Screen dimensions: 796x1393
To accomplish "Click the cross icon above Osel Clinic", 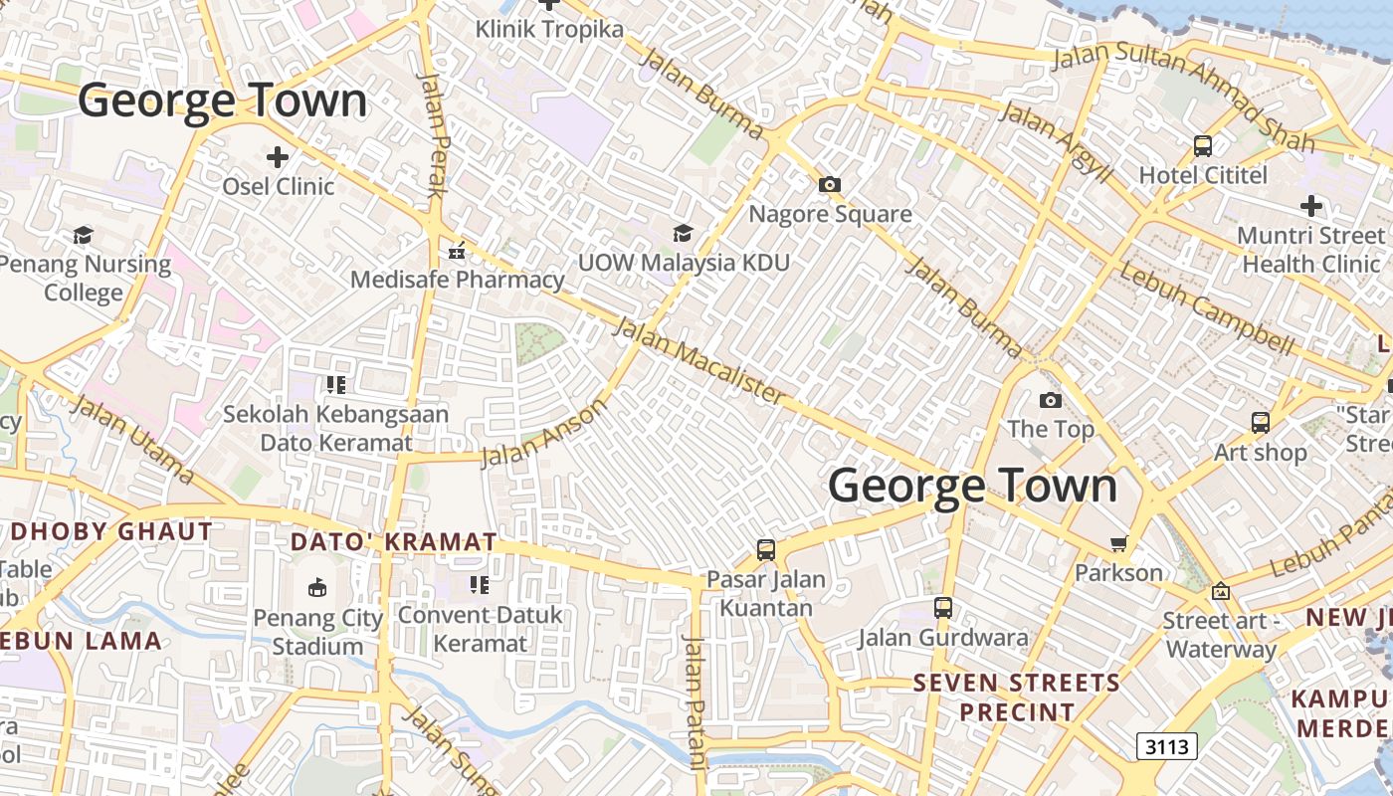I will [x=278, y=156].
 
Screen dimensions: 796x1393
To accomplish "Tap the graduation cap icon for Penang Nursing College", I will [x=83, y=235].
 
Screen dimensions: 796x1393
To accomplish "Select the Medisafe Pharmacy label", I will [x=457, y=280].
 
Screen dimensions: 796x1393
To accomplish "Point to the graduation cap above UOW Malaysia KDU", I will [x=683, y=233].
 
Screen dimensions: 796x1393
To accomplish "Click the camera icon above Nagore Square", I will [x=829, y=184].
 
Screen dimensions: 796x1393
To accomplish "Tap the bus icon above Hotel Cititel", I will [x=1203, y=146].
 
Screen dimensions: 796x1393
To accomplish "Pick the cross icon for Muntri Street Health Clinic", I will [x=1311, y=206].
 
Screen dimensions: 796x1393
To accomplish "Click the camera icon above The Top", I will [x=1050, y=400].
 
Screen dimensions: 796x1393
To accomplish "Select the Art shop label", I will [x=1260, y=453].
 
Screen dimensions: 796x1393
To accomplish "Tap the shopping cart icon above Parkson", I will [x=1118, y=543].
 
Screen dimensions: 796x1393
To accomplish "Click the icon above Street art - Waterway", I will [x=1220, y=591].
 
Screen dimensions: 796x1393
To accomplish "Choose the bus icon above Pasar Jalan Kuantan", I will [x=765, y=549].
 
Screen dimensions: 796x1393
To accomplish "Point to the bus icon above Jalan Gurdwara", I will [x=942, y=607].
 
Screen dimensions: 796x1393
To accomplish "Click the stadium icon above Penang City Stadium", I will [x=317, y=587].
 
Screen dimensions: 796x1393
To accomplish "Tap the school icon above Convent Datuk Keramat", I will [x=480, y=585].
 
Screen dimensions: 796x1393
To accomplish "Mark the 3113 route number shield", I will [x=1166, y=746].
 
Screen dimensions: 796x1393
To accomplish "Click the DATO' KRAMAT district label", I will [x=393, y=542].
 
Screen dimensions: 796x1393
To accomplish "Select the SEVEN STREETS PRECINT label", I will [x=1016, y=697].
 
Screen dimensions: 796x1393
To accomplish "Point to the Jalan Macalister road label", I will [x=698, y=360].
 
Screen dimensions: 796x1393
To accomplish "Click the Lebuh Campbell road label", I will [x=1207, y=309].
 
